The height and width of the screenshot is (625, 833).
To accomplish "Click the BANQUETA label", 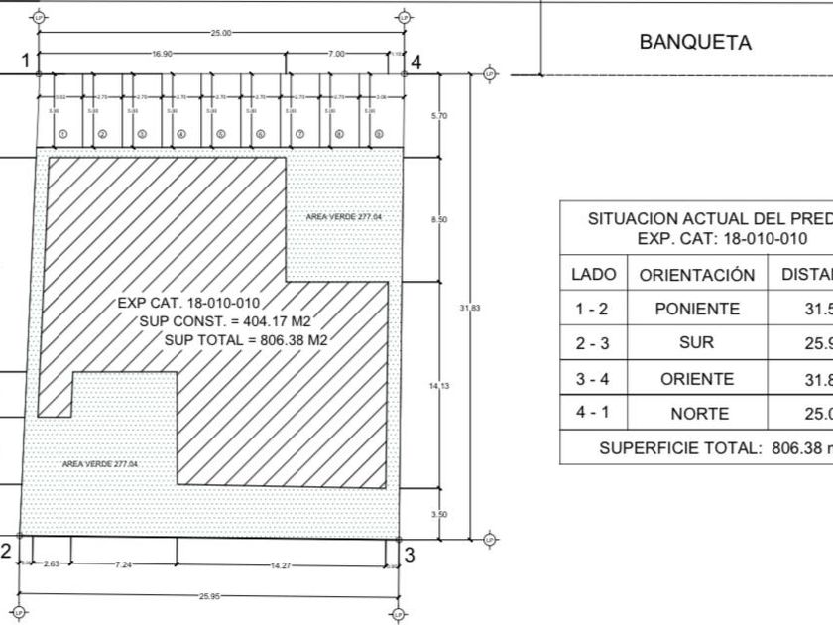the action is coord(694,43).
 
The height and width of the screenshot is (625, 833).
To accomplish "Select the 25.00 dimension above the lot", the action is coord(221,33).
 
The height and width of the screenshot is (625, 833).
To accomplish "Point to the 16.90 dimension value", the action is coord(163,54).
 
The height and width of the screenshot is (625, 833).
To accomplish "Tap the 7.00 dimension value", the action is coord(337,54).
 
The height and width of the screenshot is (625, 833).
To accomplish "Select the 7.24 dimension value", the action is coord(123,564).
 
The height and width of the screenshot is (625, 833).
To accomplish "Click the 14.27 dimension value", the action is coord(282,564).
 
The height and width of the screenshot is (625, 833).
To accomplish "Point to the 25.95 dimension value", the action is coord(209,596).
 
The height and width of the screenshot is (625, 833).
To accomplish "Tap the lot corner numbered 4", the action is coord(416,62).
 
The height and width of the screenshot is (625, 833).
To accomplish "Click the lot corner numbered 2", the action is coord(6,552).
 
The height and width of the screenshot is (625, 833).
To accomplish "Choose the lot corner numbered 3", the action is coord(409,554).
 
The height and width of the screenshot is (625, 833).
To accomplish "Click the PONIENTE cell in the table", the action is coord(696,309).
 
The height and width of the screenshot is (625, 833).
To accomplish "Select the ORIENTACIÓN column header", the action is coord(696,275).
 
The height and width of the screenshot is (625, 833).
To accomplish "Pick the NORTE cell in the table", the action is coord(696,414).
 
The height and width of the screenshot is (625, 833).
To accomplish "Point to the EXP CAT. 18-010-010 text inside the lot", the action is coord(188,304).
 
